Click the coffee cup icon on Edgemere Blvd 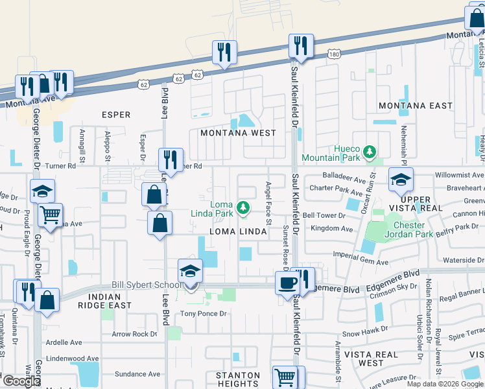coord(287,283)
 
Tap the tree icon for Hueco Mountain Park coord(370,152)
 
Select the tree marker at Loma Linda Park coord(242,207)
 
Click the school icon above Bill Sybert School coord(191,270)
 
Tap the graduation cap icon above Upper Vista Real coord(400,179)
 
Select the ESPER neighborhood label coord(116,115)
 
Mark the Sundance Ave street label coord(137,374)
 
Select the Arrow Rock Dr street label coord(134,335)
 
